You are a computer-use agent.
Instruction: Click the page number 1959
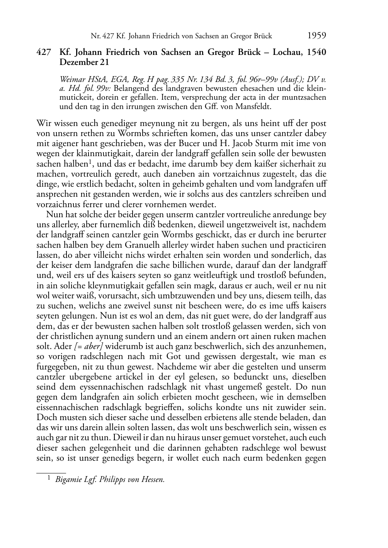pyautogui.click(x=317, y=36)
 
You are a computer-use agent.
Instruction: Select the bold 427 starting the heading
pyautogui.click(x=44, y=53)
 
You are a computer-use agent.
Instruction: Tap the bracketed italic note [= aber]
pyautogui.click(x=79, y=346)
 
